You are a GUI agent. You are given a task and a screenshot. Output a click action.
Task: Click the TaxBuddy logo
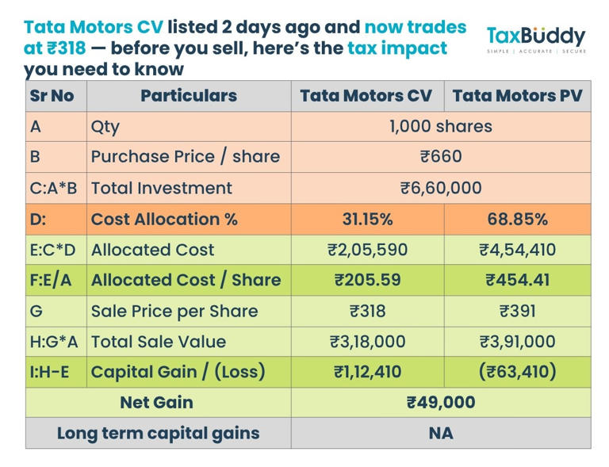[535, 39]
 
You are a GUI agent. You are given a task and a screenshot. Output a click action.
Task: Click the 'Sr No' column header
[52, 96]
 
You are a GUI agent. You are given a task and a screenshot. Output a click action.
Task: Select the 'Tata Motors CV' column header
[366, 96]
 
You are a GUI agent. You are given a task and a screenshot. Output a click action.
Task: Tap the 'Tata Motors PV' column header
[517, 96]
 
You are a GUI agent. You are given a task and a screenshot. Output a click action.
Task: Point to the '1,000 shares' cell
[440, 126]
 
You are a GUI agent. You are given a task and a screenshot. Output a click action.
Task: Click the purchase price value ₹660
[440, 157]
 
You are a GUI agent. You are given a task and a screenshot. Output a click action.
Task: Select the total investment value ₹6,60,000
[440, 188]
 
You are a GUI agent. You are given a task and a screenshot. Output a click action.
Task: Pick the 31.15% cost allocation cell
[367, 219]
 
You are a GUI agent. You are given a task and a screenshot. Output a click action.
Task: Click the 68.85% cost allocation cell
[517, 219]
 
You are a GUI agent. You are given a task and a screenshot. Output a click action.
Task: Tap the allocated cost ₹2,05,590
[367, 250]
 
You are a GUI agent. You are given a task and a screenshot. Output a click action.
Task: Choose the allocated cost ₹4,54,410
[517, 250]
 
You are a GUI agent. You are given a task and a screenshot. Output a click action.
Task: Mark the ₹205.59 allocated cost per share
[367, 280]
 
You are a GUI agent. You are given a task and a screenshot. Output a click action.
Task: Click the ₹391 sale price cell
[517, 311]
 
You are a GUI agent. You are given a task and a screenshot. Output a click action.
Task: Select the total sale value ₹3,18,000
[367, 342]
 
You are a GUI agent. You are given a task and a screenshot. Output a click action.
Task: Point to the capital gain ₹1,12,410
[367, 372]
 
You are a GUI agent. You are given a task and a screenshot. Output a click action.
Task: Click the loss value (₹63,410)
[517, 372]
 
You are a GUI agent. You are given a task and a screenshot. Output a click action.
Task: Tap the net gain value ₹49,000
[440, 403]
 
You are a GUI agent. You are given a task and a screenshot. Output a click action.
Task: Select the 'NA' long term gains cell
[440, 434]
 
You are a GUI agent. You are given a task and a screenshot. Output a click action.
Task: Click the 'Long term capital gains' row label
[158, 434]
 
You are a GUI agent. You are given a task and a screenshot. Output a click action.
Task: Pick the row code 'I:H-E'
[55, 372]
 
